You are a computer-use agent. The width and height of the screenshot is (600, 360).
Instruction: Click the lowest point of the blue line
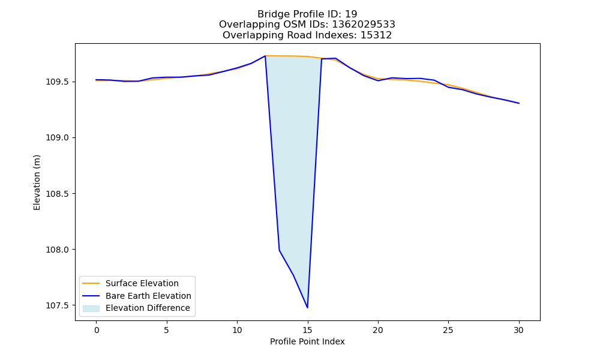click(307, 308)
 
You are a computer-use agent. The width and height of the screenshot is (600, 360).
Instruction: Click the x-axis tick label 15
click(307, 330)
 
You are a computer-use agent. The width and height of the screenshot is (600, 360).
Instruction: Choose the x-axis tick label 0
click(97, 330)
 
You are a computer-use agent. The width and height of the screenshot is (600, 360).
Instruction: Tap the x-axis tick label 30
click(518, 330)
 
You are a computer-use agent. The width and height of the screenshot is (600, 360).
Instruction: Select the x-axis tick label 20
click(377, 330)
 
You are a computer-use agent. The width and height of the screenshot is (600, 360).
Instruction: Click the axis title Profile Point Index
click(307, 341)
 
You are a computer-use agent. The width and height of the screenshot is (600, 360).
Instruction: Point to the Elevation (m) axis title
click(37, 182)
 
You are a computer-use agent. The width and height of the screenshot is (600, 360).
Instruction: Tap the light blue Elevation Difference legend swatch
click(91, 308)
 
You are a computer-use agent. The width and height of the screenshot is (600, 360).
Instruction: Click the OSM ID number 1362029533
click(364, 25)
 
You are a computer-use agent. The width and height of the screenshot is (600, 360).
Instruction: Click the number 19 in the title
click(351, 14)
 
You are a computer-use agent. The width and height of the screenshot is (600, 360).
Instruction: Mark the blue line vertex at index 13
click(280, 250)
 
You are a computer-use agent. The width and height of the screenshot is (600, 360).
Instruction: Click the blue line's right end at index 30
click(519, 103)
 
